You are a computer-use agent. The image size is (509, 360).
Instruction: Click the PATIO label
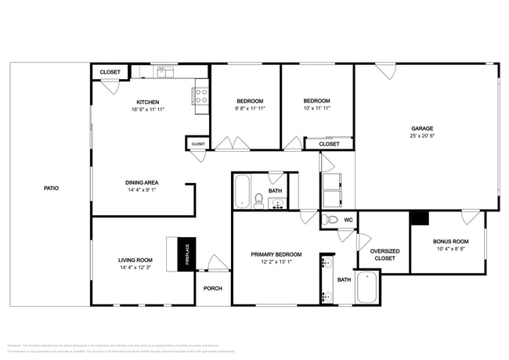(51, 188)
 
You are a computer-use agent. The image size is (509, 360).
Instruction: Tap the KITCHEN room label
(148, 102)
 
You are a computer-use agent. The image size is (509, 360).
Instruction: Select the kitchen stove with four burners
(200, 95)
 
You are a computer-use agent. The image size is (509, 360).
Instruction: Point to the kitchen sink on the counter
(164, 72)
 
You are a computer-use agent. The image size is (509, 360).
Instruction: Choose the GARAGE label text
(423, 128)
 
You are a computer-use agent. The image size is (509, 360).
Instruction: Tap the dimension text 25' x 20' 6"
(423, 136)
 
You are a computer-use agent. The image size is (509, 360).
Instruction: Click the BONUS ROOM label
(450, 242)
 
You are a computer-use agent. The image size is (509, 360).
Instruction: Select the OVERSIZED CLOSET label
(384, 254)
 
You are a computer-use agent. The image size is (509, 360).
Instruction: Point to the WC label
(348, 220)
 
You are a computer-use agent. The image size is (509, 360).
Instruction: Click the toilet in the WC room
(330, 220)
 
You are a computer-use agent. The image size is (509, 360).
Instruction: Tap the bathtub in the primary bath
(367, 288)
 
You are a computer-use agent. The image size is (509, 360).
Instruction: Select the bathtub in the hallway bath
(242, 192)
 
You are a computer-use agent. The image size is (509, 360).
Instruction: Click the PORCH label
(213, 288)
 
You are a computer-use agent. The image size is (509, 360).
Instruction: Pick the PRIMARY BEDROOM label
(276, 254)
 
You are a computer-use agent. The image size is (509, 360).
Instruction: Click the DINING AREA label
(143, 182)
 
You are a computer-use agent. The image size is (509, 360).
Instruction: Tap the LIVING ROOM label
(135, 260)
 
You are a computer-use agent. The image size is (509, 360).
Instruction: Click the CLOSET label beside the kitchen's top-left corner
(110, 72)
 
